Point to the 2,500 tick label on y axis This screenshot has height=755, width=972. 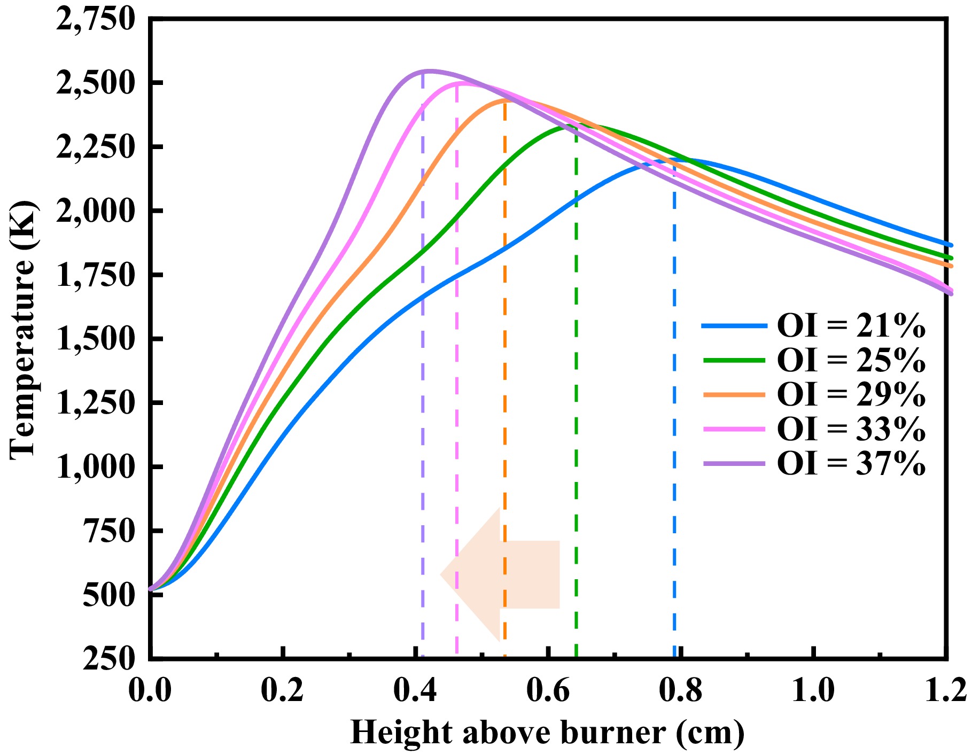point(95,83)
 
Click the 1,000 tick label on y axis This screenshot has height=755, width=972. point(95,467)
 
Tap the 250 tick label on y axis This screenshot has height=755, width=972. point(108,658)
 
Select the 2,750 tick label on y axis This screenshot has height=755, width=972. point(95,20)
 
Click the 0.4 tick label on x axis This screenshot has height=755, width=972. point(415,691)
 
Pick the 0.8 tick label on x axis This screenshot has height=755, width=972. point(680,691)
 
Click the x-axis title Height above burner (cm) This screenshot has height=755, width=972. point(547,733)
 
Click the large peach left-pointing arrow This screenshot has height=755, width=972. point(502,575)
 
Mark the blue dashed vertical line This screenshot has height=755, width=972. point(674,427)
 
